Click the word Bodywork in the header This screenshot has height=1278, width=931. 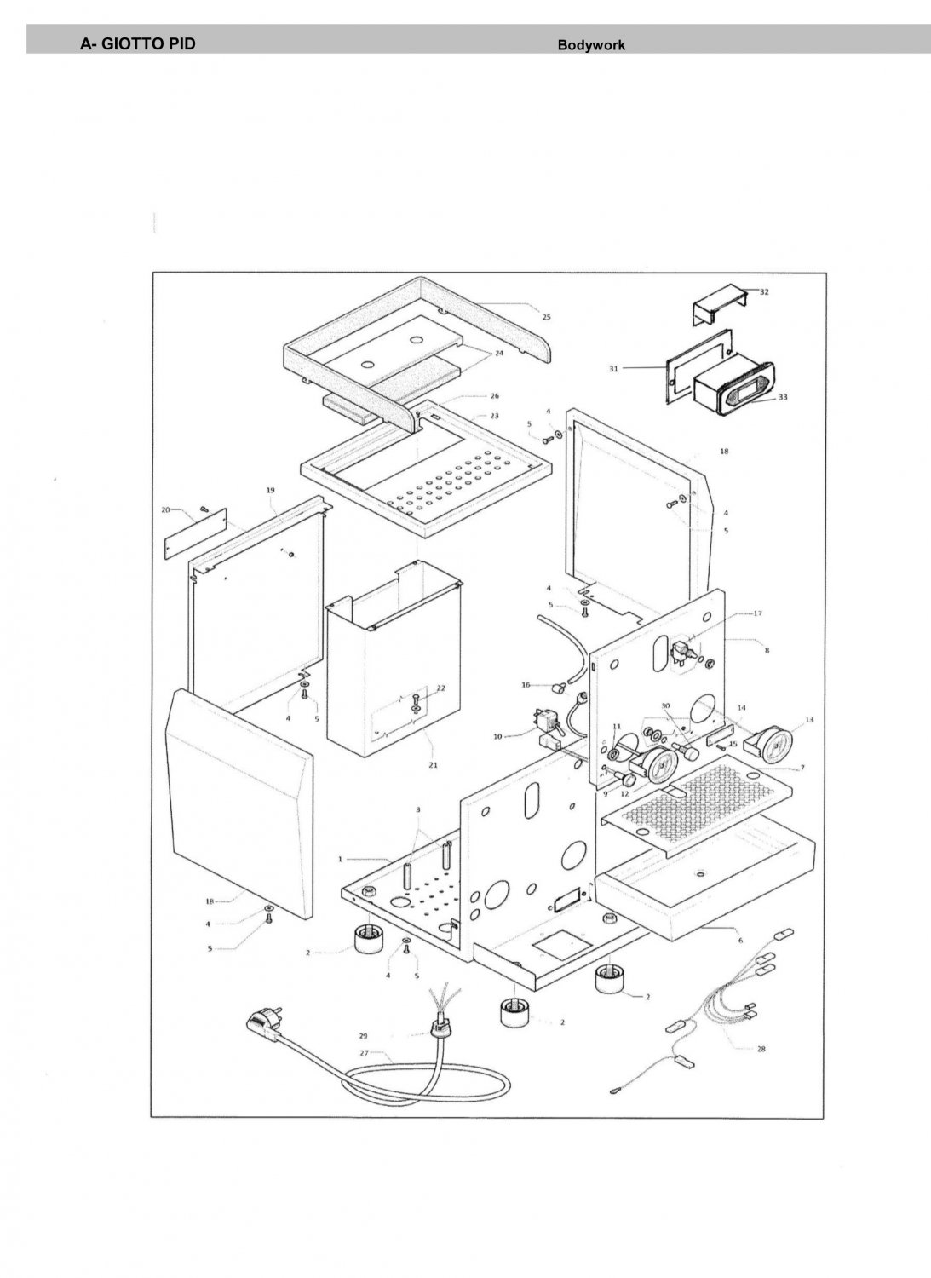[591, 45]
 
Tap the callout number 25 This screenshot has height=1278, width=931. [546, 317]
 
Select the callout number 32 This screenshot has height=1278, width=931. [764, 291]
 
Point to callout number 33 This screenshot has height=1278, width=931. [782, 397]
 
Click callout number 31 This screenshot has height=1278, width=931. [613, 368]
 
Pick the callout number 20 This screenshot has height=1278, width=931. [165, 509]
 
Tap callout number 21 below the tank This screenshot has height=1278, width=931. [433, 765]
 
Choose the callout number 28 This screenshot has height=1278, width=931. [761, 1049]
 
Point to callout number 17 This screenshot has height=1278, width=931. [757, 613]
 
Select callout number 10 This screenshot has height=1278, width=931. [497, 736]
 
